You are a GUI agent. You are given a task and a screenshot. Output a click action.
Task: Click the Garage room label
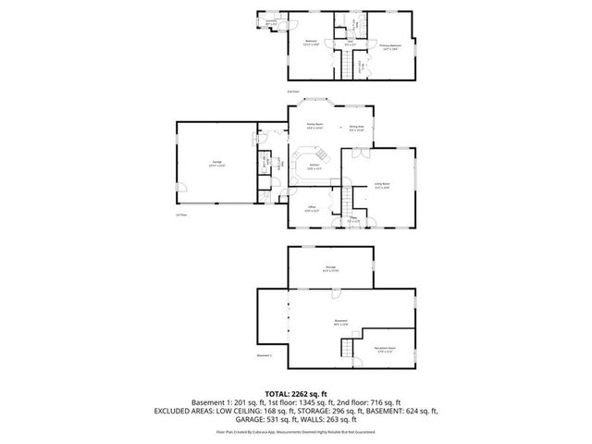(x=216, y=163)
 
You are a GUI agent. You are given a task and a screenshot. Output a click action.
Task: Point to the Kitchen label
(x=314, y=166)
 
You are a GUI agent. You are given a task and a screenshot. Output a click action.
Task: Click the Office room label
(x=312, y=209)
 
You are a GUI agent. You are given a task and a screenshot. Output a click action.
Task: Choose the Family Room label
(x=314, y=125)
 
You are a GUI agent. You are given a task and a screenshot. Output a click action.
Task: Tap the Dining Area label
(x=356, y=128)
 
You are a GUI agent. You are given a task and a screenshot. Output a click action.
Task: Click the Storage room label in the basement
(x=330, y=269)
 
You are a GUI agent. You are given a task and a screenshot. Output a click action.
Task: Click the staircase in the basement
(x=349, y=350)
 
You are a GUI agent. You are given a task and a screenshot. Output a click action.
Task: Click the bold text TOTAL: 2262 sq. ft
(x=296, y=393)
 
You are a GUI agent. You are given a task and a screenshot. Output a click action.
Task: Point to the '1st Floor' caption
(x=181, y=215)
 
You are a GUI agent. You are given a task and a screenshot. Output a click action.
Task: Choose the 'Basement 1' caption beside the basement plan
(x=264, y=356)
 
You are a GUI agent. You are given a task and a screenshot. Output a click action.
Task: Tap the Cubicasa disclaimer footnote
(x=296, y=432)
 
